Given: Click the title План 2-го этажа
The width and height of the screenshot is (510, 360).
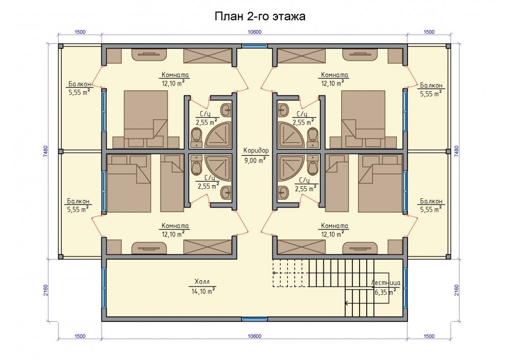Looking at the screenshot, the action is [x=260, y=16].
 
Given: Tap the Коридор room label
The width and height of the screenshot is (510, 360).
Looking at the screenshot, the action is [x=257, y=150].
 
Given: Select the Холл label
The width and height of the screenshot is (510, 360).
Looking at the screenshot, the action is [x=202, y=281].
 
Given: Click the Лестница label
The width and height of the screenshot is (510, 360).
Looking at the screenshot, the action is [x=386, y=283].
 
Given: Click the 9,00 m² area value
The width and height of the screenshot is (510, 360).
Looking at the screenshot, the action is [x=255, y=160].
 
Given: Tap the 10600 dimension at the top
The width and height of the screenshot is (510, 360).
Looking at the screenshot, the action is [x=254, y=32].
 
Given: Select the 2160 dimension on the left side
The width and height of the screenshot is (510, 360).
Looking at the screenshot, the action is [x=45, y=290].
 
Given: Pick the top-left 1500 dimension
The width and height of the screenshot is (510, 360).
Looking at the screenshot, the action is [x=80, y=32].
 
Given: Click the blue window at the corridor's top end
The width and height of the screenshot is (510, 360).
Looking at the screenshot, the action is [x=254, y=46].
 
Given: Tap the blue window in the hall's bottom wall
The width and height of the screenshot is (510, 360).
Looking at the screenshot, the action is [x=254, y=319].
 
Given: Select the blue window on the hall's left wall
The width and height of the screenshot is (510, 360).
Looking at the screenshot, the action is [x=104, y=288].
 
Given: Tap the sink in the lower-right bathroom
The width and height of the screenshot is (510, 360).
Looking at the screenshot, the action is [x=283, y=193].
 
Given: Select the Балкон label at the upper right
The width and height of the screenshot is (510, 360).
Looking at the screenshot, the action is [x=431, y=86].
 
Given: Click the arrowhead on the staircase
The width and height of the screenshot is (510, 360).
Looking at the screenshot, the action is [x=347, y=303].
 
